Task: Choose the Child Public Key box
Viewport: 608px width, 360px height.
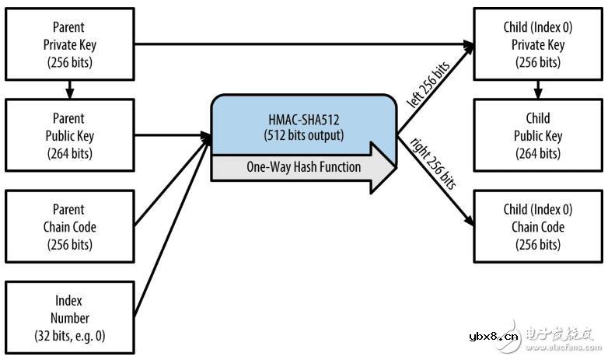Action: pos(537,136)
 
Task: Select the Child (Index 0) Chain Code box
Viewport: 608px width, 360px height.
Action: pos(537,227)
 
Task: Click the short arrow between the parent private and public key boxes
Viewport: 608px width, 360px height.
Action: pos(68,88)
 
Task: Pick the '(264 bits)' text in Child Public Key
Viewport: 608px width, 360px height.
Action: pos(537,154)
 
